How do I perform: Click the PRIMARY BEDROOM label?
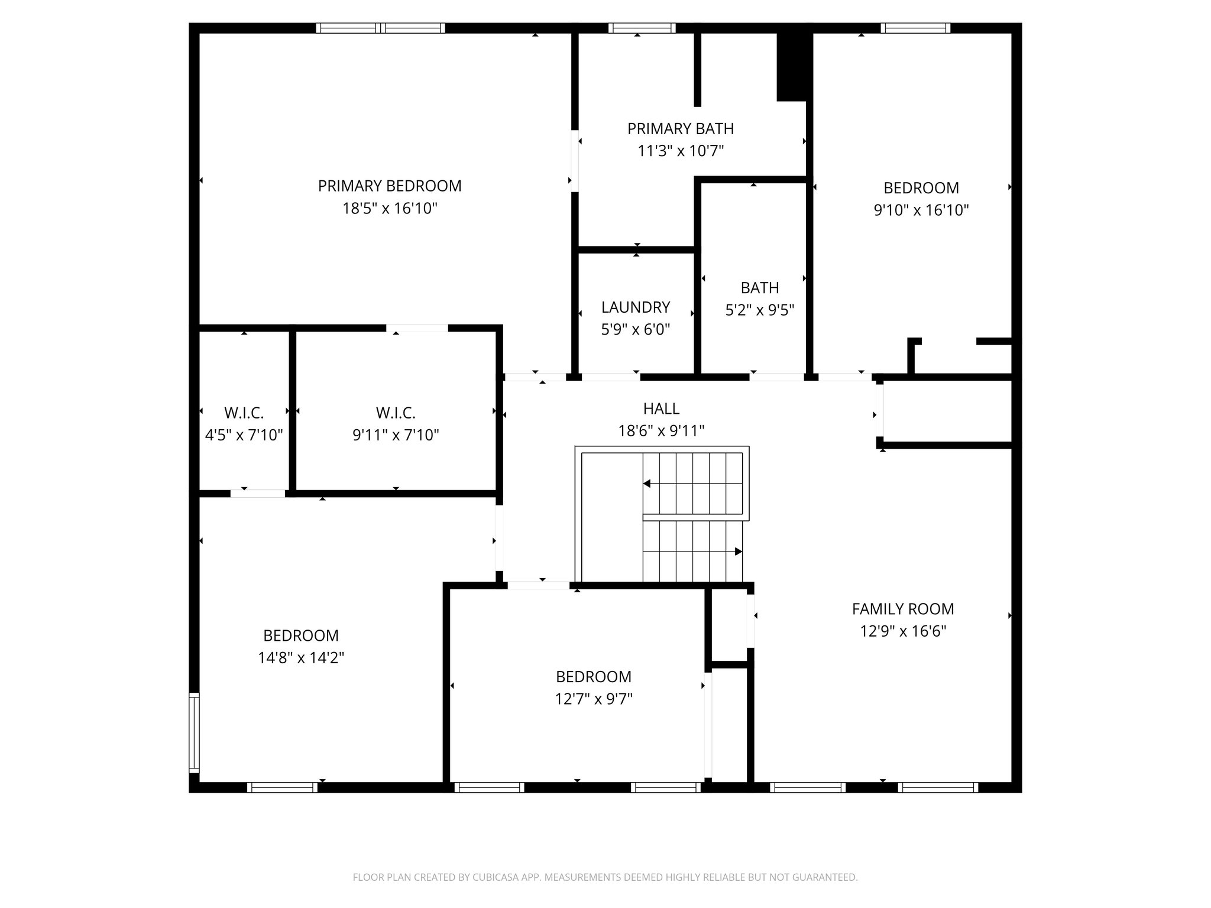390,186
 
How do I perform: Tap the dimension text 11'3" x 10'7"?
681,151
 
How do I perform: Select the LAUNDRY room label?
636,307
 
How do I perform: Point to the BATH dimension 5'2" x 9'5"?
759,310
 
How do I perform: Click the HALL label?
661,408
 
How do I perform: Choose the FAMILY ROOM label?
902,609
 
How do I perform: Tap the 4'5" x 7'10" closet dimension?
244,435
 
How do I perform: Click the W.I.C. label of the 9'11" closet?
396,413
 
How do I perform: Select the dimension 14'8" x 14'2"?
301,658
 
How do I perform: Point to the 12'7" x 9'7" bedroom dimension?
594,699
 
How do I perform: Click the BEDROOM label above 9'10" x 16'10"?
921,188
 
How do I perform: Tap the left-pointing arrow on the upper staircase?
647,484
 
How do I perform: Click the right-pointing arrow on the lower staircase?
738,552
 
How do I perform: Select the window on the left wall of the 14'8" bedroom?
194,732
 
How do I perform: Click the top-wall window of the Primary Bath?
642,28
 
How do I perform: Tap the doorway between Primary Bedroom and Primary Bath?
574,161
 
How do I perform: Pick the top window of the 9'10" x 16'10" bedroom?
915,28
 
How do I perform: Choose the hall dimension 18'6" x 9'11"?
661,431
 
